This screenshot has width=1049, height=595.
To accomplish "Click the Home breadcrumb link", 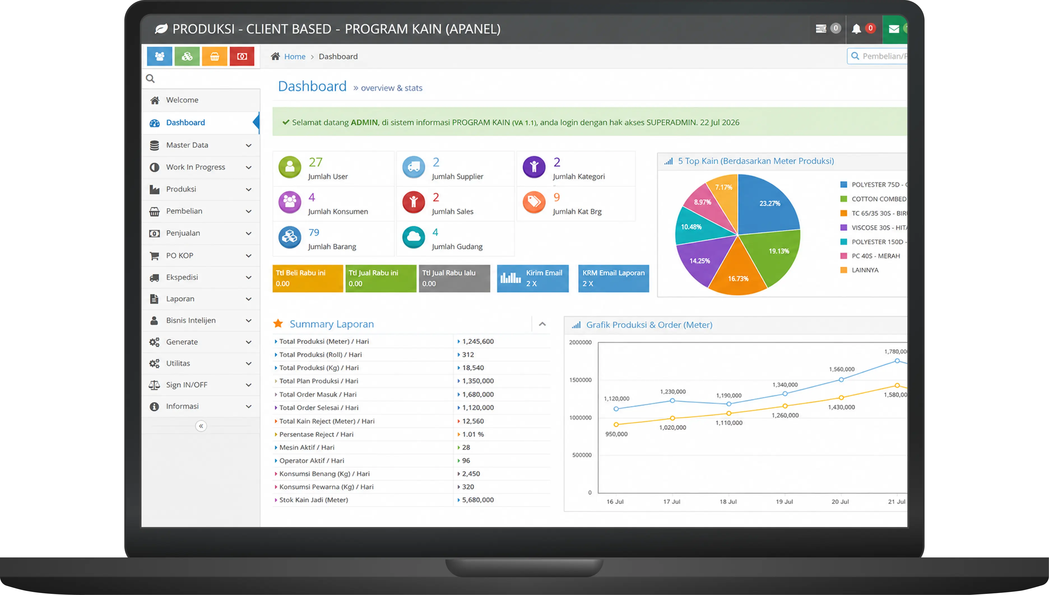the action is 294,57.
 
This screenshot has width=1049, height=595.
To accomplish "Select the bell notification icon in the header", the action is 856,29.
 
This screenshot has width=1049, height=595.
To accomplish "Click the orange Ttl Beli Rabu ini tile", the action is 308,278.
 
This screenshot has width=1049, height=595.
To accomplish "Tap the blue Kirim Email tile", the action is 533,278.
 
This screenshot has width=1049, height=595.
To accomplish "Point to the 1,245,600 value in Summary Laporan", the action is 478,341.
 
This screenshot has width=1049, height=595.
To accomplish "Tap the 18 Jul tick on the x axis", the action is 728,502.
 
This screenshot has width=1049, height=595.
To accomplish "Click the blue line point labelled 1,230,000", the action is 672,400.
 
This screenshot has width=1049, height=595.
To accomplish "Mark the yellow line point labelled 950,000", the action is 616,425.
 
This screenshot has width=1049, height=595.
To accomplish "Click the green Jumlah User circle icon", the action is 290,167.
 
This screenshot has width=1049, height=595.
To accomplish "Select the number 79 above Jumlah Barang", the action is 314,233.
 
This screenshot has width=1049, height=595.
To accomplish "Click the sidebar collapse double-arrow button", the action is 201,426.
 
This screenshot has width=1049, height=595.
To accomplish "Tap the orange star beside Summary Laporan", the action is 278,324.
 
